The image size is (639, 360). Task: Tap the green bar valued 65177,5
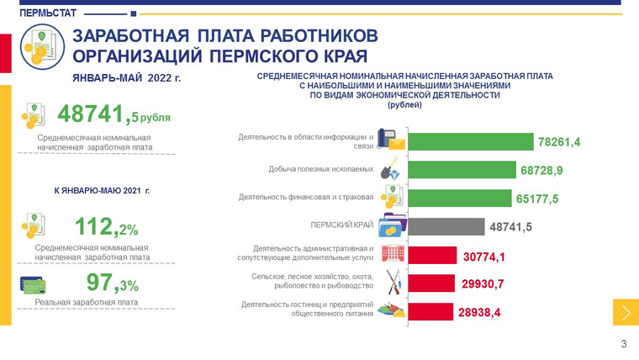coord(457,198)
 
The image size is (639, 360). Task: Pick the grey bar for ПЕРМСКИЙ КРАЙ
coord(446,227)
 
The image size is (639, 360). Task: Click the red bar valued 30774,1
coord(430,255)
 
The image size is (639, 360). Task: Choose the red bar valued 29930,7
coord(430,283)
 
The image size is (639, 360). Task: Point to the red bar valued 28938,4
coord(429,312)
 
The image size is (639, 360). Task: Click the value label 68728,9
coord(541,170)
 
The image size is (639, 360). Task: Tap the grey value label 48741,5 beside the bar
coord(511,227)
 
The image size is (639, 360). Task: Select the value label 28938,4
coord(479,312)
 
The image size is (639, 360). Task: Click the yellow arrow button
coord(626,312)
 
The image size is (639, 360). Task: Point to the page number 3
coord(623,343)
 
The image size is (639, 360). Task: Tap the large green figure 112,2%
coord(106,226)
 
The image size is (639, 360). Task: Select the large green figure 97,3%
coord(112,283)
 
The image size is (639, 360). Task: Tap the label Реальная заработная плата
coord(87,302)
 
